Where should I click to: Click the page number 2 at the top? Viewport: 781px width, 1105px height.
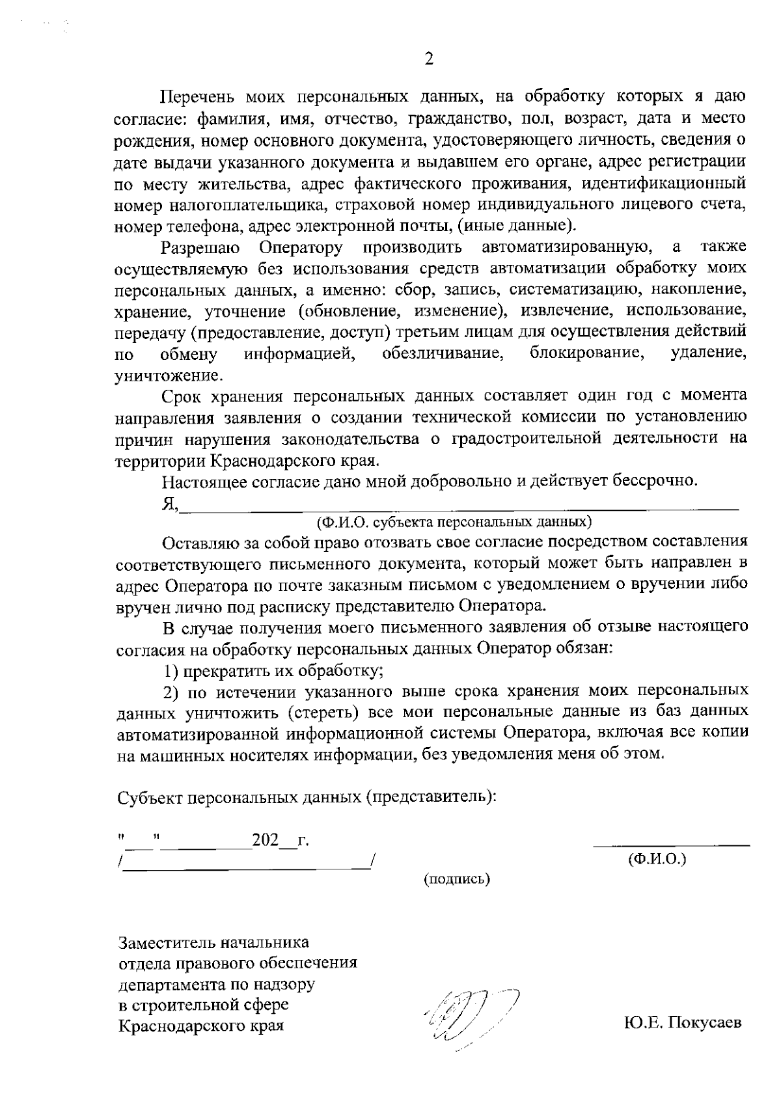(429, 60)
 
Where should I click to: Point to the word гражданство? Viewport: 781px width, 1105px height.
(453, 119)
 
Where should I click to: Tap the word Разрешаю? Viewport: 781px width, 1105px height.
(200, 247)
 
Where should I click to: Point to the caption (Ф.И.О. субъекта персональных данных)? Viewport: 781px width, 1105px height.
(454, 522)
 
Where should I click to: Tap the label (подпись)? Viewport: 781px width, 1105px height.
(457, 879)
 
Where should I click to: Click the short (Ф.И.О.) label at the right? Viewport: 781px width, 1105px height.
(657, 859)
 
